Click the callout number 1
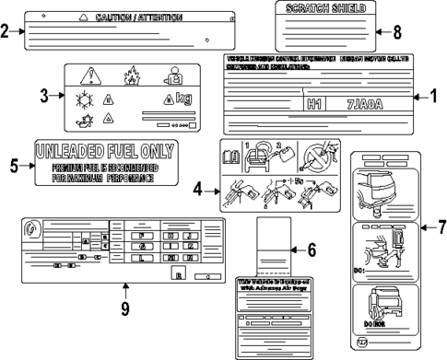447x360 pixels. point(435,95)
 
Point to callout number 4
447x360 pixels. point(197,190)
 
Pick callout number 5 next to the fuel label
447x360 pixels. point(14,165)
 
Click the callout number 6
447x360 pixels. point(311,249)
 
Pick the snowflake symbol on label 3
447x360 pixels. point(81,98)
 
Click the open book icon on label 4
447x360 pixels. point(232,158)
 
